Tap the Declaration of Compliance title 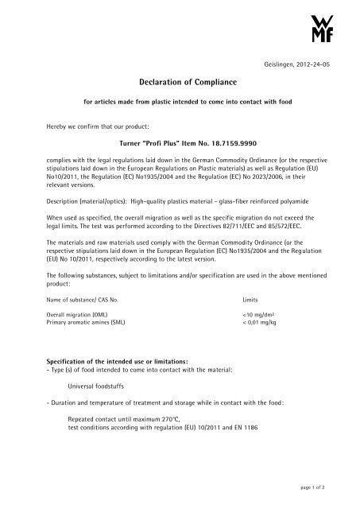(180, 81)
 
